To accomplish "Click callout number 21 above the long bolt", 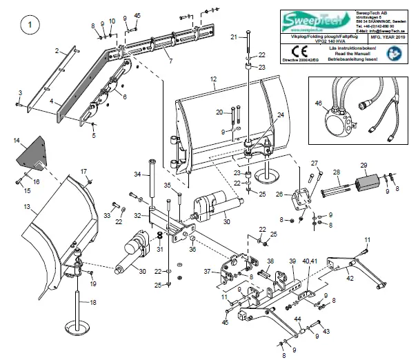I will point(234,36).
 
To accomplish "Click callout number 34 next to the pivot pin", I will point(137,174).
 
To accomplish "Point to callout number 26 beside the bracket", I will point(279,194).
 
